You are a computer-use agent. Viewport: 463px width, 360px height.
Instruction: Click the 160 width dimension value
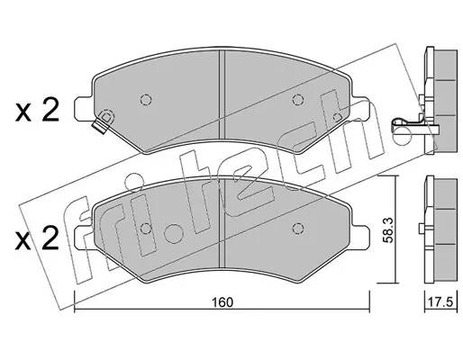222,302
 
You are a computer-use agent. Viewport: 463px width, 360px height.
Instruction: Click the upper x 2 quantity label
37,112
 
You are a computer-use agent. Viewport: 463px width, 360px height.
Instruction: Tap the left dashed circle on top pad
146,99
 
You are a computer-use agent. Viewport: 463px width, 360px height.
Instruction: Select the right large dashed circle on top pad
297,99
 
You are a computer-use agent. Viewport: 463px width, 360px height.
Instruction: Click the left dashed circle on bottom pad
146,229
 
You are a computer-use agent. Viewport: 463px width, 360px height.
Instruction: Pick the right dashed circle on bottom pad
297,229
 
